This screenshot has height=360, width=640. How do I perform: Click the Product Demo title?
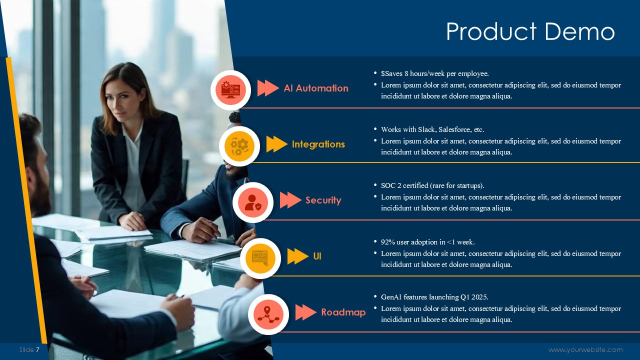click(530, 31)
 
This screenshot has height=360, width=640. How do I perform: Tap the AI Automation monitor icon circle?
click(231, 90)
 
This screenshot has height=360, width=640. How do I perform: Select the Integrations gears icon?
click(239, 146)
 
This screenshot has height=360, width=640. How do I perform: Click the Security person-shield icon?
click(253, 202)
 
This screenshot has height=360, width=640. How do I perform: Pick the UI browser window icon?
click(260, 258)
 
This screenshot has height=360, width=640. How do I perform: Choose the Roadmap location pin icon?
click(268, 314)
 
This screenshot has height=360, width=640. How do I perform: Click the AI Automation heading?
click(316, 88)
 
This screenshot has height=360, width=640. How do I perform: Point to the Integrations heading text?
click(318, 144)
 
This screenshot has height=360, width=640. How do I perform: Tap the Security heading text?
click(323, 200)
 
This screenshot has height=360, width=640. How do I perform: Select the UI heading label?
click(317, 256)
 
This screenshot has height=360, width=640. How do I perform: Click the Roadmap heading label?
click(343, 312)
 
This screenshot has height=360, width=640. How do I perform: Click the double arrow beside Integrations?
click(277, 144)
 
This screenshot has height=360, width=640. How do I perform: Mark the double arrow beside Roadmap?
click(305, 312)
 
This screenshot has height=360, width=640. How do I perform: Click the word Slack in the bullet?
click(427, 129)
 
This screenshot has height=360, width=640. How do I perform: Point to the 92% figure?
click(387, 242)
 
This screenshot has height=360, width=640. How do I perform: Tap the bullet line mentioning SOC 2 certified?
click(432, 185)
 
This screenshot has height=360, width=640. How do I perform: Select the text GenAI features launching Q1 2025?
click(434, 297)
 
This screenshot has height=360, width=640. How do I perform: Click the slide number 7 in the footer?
click(37, 349)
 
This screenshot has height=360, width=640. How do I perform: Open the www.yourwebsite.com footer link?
click(585, 349)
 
